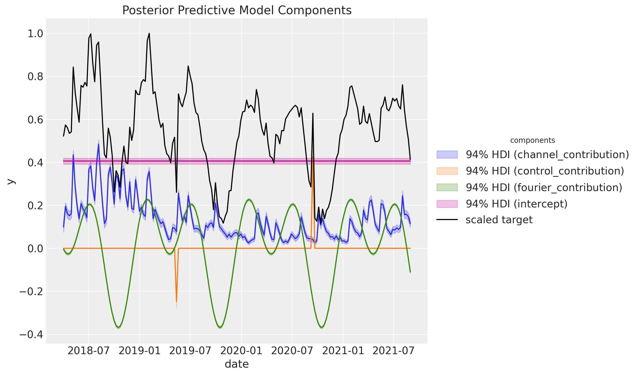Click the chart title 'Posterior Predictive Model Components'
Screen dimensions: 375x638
237,11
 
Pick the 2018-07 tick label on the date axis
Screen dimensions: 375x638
88,351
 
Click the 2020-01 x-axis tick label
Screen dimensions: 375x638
241,351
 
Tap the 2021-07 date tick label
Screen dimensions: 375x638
394,351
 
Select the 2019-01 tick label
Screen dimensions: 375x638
140,351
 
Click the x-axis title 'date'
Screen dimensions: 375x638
237,364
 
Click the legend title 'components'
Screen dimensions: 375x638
532,140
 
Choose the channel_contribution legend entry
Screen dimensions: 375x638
547,155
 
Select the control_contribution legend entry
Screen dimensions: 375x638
545,171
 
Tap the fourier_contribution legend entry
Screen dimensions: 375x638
544,187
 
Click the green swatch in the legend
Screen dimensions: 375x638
447,187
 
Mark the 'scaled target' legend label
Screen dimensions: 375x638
499,220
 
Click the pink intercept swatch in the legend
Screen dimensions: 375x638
447,204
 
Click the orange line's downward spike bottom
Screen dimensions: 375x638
176,301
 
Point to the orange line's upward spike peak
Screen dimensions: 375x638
313,158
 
